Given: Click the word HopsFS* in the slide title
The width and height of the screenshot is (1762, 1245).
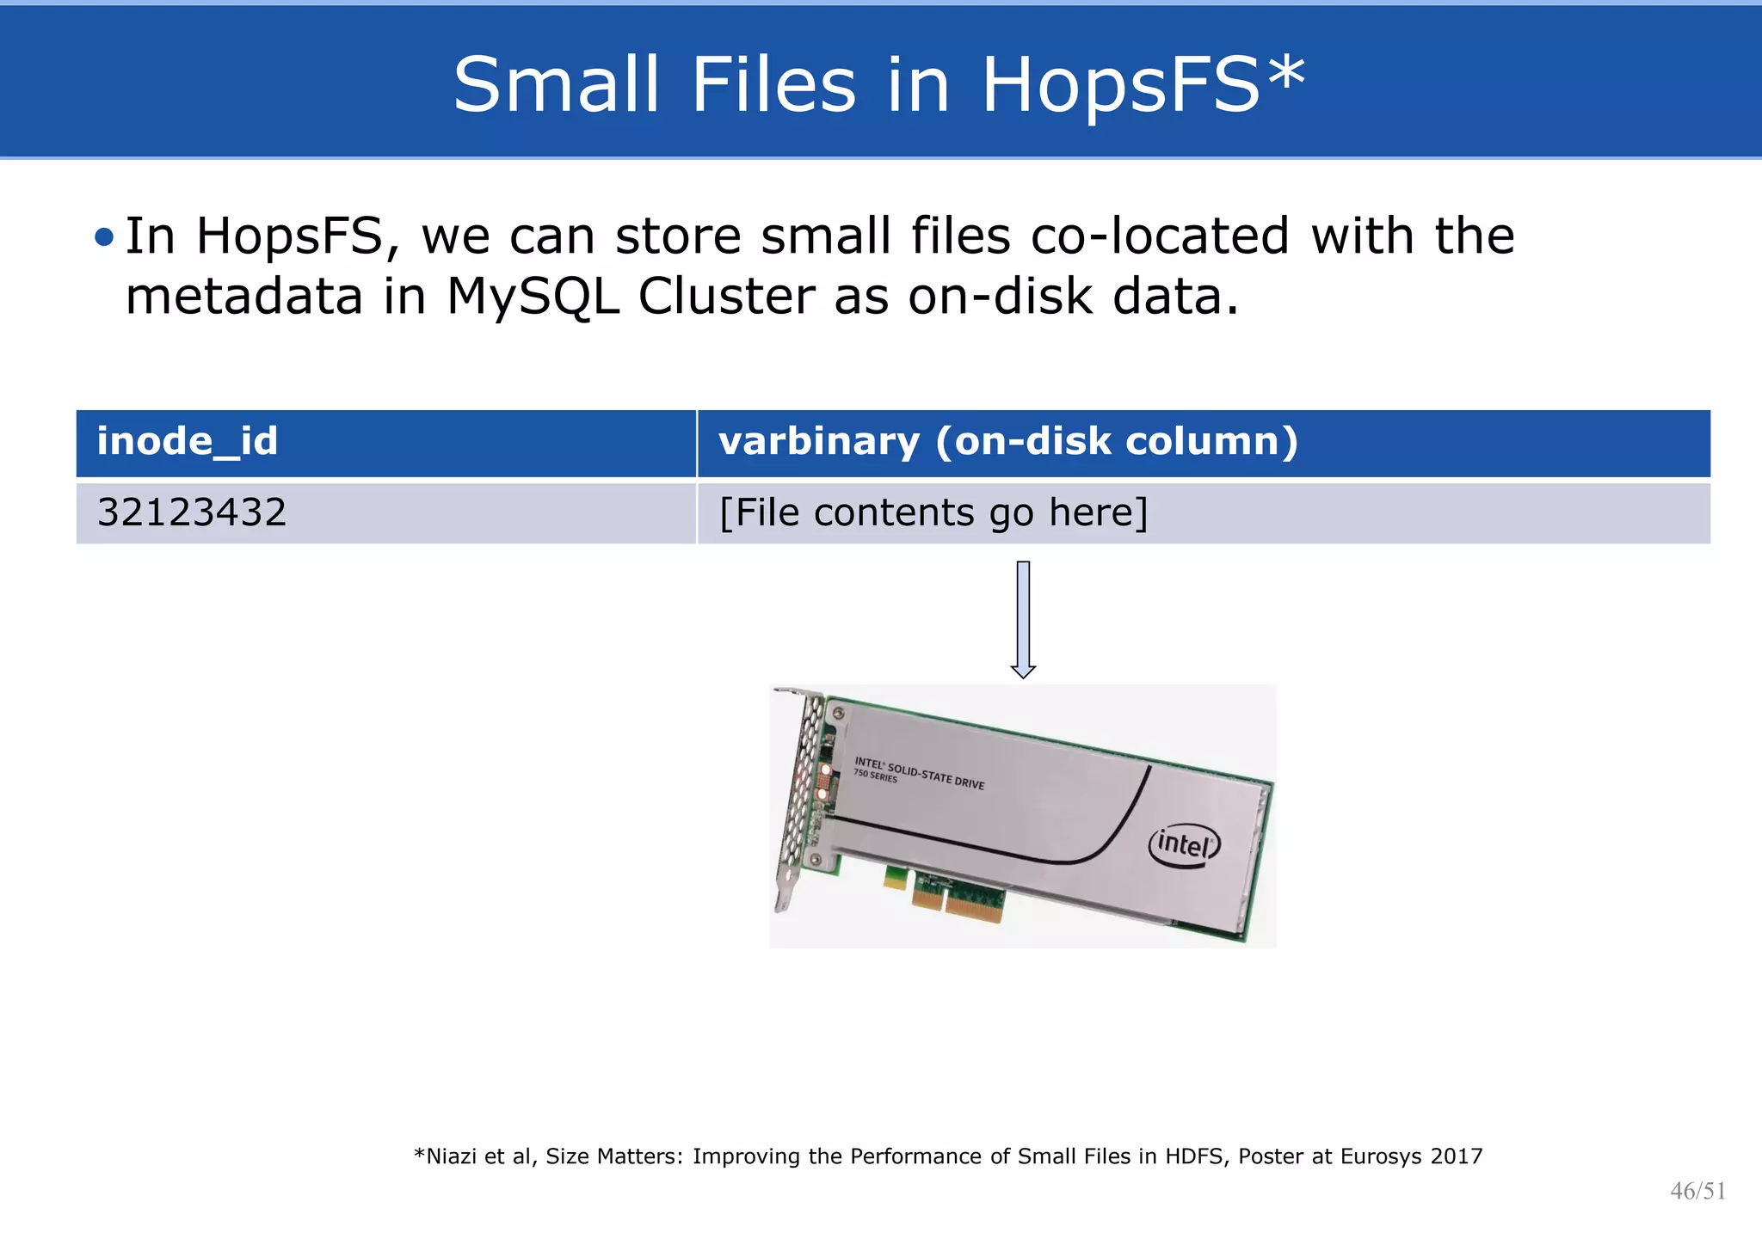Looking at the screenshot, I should coord(1143,84).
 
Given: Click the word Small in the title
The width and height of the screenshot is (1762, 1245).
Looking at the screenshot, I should coord(555,84).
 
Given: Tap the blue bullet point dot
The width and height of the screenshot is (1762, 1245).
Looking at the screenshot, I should coord(104,236).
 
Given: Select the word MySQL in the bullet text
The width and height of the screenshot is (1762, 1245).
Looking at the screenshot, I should coord(533,297).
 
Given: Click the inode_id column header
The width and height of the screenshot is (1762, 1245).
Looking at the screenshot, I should coord(188,442).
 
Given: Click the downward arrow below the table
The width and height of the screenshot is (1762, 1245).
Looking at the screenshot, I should coord(1023,619).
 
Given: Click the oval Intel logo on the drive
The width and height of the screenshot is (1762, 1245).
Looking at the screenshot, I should coord(1185,845).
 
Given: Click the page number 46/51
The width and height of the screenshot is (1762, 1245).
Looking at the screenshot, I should coord(1697,1191).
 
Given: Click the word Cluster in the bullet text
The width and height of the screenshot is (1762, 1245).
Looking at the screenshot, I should coord(726,297).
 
